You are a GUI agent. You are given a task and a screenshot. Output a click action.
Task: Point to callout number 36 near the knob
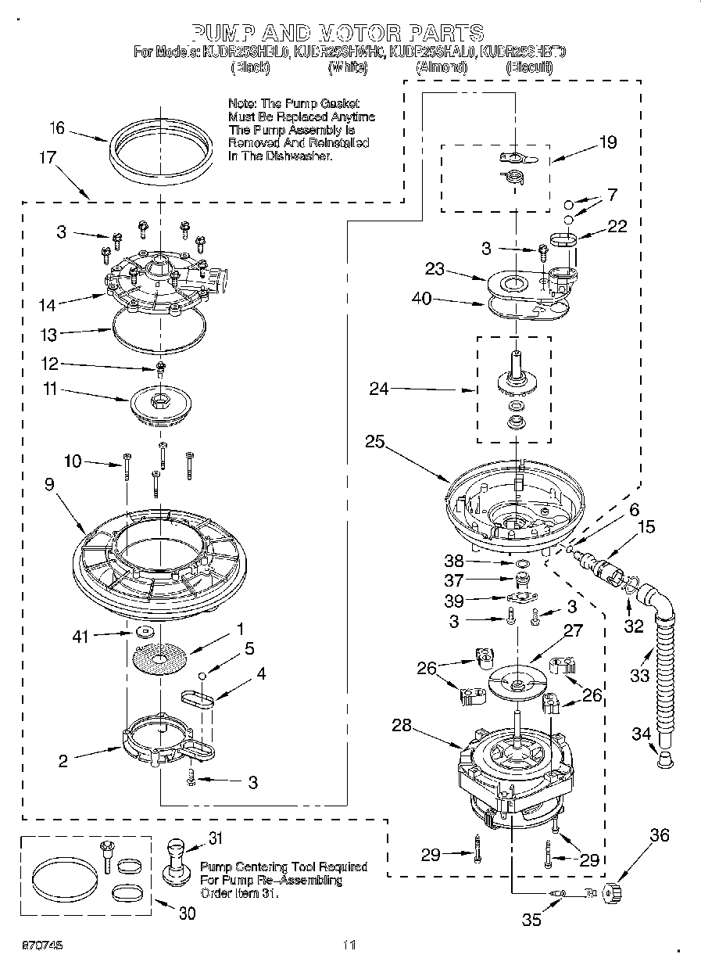tap(660, 836)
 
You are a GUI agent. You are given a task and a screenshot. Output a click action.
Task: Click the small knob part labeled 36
tap(612, 891)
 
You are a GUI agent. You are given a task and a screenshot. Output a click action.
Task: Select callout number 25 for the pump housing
tap(374, 442)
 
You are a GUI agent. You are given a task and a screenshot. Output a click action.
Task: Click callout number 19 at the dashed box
tap(607, 142)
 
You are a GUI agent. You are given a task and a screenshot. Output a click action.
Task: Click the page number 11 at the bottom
tap(349, 945)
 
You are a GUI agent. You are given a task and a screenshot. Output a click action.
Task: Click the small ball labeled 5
tap(202, 674)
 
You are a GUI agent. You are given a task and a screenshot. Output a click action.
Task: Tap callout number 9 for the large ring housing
tap(49, 485)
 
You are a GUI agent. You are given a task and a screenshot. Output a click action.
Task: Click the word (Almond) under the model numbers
tap(442, 68)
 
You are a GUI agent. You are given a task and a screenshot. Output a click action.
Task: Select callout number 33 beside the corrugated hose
tap(639, 675)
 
